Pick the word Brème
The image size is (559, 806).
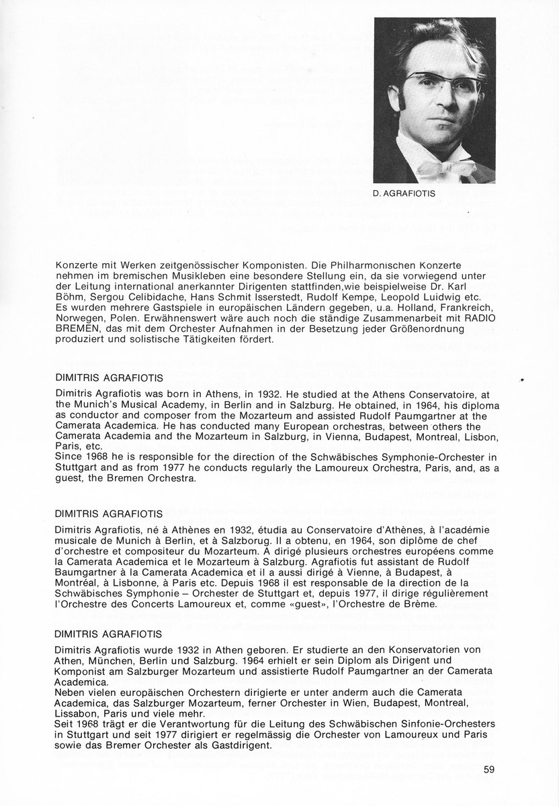tap(421, 604)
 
